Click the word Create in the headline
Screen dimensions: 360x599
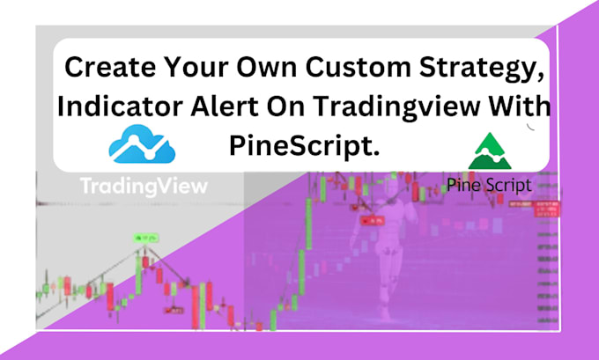point(100,68)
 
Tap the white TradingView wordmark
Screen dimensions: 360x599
point(144,186)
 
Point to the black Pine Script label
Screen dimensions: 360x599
point(489,186)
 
